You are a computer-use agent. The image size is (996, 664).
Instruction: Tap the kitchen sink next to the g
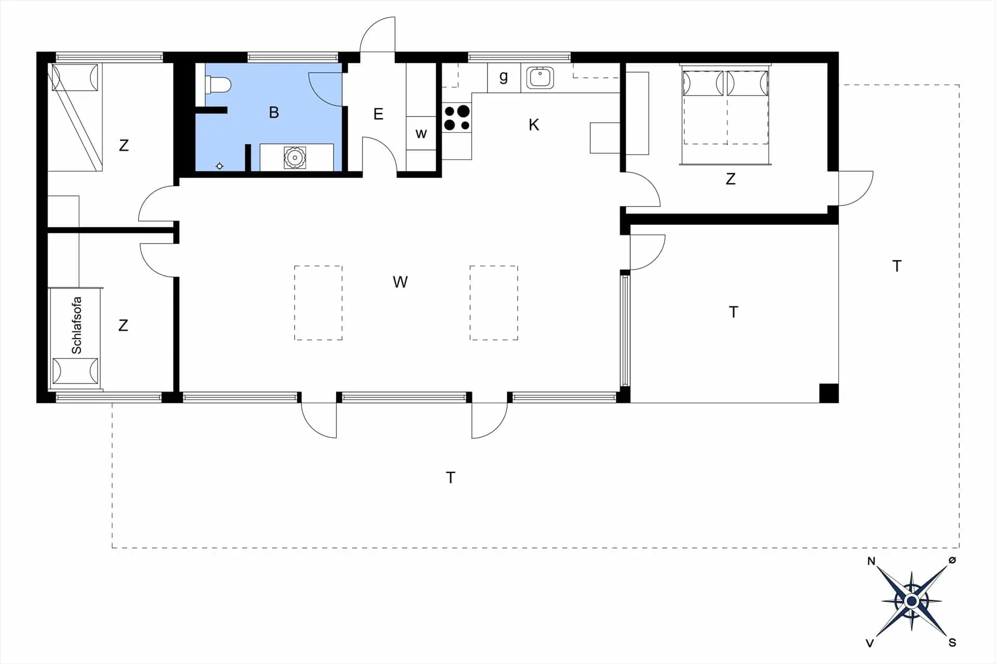(540, 78)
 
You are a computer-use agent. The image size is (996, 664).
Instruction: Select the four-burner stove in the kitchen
(457, 118)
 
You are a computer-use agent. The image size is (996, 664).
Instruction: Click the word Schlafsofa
(77, 325)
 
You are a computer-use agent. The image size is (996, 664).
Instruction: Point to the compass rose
(911, 601)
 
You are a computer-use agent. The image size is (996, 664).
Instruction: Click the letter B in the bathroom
(274, 113)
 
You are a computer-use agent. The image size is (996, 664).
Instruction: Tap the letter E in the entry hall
(378, 114)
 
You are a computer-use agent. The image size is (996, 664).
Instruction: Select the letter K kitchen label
(534, 125)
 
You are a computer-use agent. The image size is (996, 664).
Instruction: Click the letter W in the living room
(400, 282)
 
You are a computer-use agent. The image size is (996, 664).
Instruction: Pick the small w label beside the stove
(421, 134)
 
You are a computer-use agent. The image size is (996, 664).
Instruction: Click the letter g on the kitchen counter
(503, 77)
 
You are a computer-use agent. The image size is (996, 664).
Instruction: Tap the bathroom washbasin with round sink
(295, 157)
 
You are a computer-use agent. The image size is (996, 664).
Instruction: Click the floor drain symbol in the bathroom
(219, 166)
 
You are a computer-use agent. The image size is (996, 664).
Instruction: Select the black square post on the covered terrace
(828, 393)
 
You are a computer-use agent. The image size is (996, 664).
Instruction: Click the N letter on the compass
(872, 561)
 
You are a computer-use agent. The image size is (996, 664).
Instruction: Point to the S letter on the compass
(952, 643)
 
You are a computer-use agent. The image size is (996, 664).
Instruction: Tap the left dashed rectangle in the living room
(318, 303)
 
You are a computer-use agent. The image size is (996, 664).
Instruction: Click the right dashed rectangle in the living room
(494, 303)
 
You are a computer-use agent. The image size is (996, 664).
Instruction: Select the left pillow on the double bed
(703, 84)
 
